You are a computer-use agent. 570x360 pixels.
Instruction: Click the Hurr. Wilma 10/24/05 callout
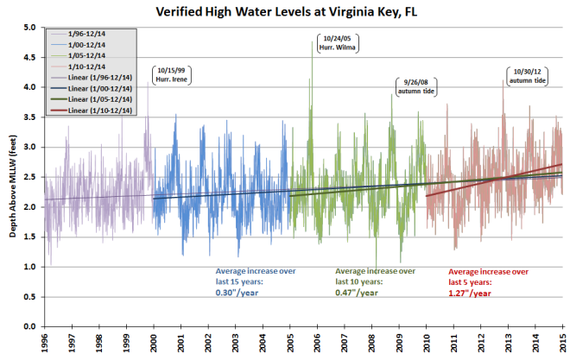click(339, 42)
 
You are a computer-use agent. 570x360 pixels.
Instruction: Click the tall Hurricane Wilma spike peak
click(312, 41)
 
